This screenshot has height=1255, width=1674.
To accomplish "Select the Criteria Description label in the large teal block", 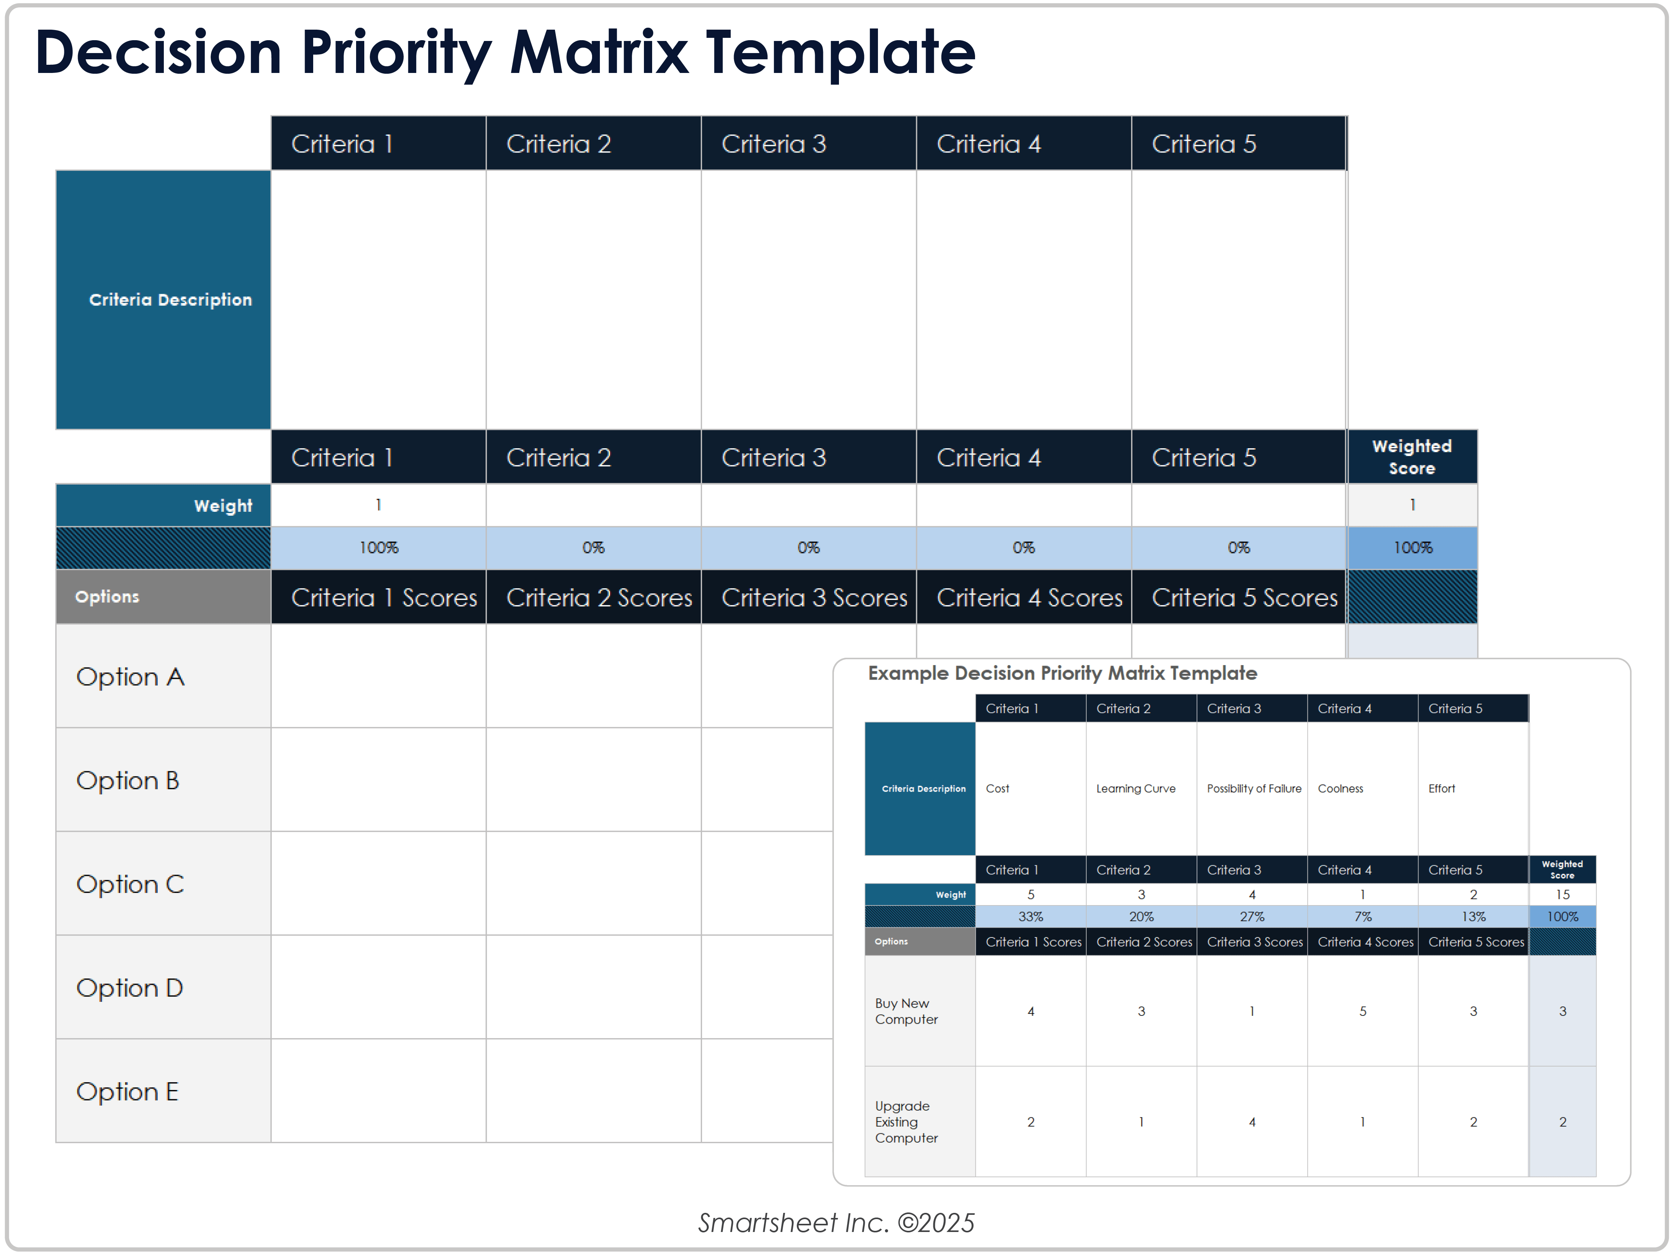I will (x=170, y=300).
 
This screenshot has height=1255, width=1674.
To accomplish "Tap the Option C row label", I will (x=130, y=884).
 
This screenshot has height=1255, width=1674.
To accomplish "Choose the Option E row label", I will (x=127, y=1092).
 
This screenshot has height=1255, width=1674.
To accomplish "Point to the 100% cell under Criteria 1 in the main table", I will (x=378, y=547).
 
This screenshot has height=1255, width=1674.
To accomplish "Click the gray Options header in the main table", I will (x=108, y=596).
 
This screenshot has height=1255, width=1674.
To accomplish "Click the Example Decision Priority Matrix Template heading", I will (x=1062, y=673).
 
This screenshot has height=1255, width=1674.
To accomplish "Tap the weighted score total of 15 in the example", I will (x=1562, y=895).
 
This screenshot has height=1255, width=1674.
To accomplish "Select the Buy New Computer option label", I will (x=906, y=1011).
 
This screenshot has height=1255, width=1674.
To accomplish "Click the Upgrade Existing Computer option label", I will (x=906, y=1122).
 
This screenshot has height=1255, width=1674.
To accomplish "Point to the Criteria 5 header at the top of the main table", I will (x=1203, y=144).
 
